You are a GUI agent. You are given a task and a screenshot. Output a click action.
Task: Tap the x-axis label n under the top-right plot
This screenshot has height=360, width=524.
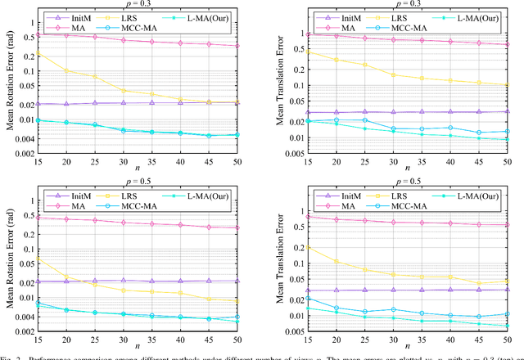coord(406,170)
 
